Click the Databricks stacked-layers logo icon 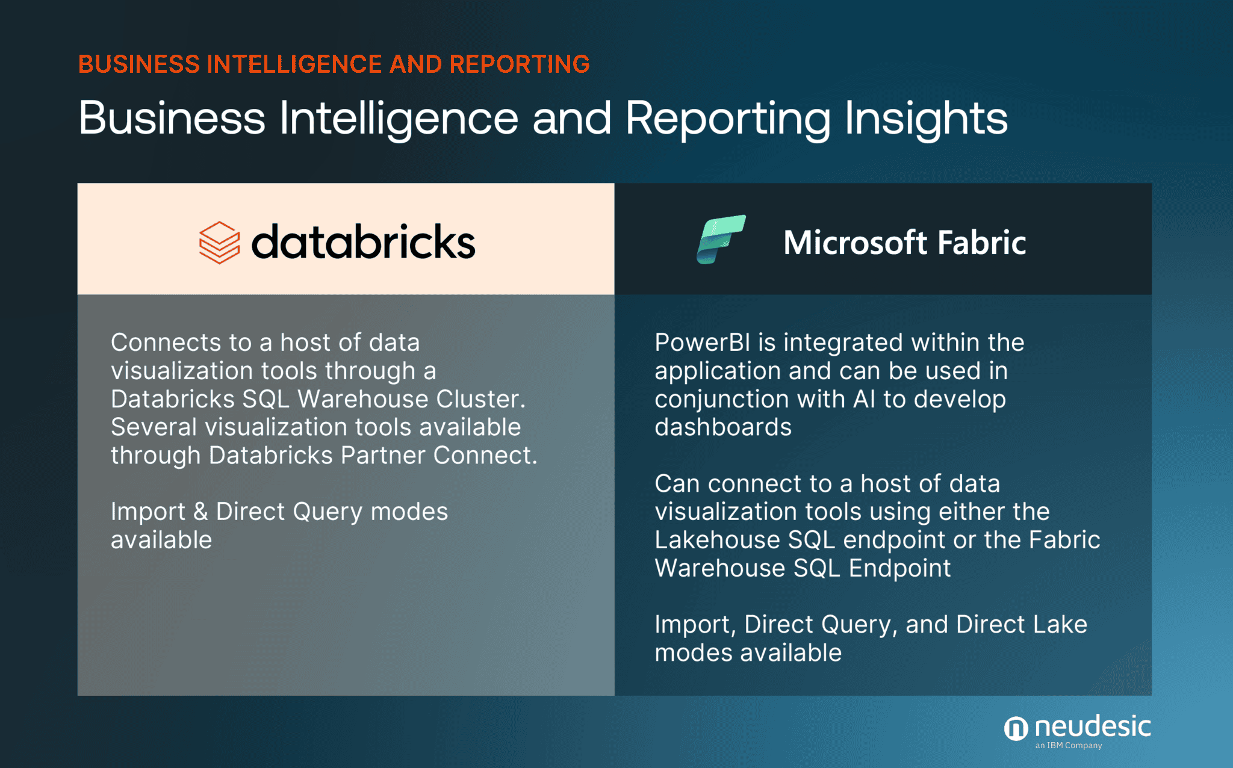(219, 243)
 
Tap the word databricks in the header (363, 243)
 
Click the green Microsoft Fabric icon (721, 239)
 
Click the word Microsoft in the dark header (855, 243)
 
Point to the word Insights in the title (925, 118)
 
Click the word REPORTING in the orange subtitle (519, 64)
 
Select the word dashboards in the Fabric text (722, 427)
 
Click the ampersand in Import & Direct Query (200, 512)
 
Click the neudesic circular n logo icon (1016, 729)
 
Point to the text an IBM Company (1068, 746)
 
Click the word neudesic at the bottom (1092, 726)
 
